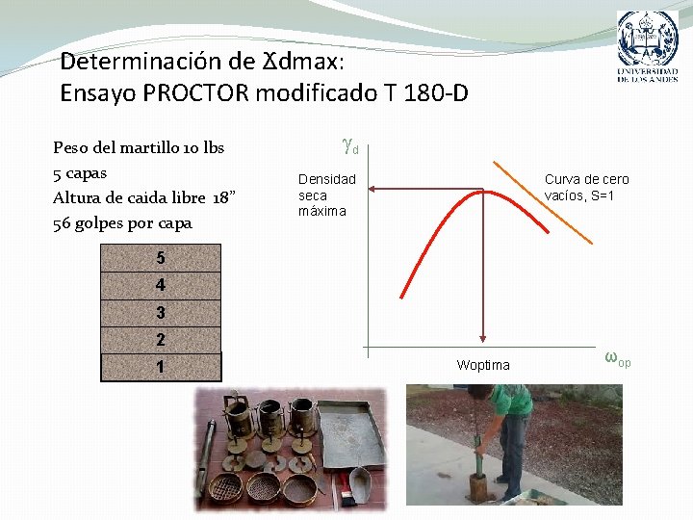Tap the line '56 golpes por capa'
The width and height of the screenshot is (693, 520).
coord(122,222)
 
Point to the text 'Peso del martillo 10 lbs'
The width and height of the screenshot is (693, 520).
coord(139,147)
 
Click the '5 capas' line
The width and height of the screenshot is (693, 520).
coord(80,172)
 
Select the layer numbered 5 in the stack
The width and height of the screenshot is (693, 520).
coord(161,258)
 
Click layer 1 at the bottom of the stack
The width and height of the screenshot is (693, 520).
coord(161,368)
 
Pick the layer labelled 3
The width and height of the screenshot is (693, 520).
coord(161,313)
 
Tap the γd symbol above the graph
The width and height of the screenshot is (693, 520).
coord(349,146)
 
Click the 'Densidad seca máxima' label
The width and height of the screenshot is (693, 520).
coord(326,195)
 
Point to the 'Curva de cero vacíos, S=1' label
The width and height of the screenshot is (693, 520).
coord(586,188)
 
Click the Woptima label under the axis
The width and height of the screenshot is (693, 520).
coord(483,365)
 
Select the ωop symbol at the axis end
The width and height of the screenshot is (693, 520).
coord(617,358)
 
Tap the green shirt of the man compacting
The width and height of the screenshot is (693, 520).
coord(511,399)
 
